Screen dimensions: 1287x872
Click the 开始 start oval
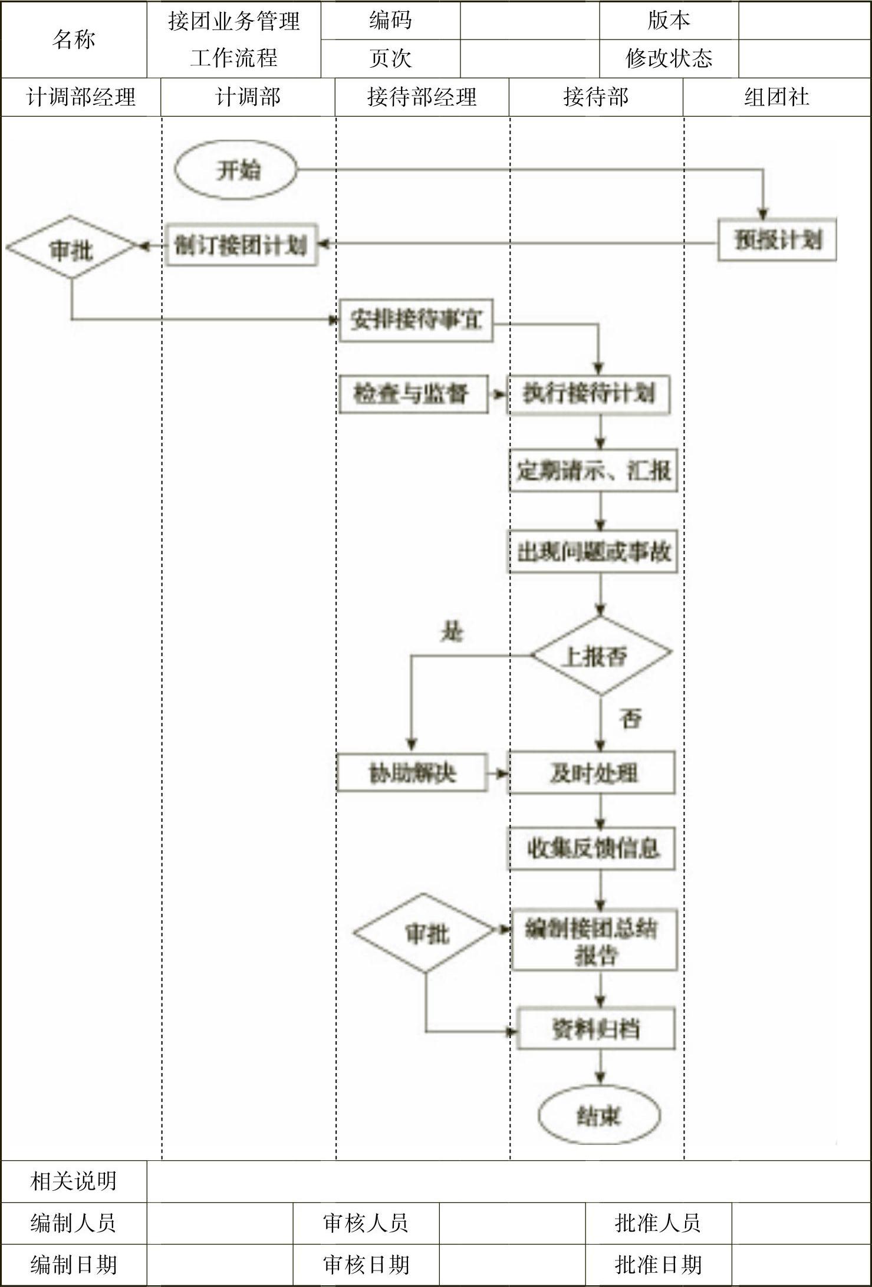236,170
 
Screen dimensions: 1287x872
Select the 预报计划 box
776,240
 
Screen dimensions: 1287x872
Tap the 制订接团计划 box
241,245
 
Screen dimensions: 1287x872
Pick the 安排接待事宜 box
416,320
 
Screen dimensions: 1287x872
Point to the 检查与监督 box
413,393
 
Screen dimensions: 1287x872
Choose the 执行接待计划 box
589,393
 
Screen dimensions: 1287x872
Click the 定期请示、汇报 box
593,470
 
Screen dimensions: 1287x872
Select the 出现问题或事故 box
593,552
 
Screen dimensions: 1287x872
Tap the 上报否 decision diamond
600,655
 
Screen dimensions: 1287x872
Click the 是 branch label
452,632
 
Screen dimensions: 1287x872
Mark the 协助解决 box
412,772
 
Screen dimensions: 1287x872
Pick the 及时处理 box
592,772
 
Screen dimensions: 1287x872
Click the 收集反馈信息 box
592,848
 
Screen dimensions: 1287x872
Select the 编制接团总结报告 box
594,940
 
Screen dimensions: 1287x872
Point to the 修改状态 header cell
669,58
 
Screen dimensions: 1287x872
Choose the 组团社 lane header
776,97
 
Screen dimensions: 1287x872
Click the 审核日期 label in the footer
366,1265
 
